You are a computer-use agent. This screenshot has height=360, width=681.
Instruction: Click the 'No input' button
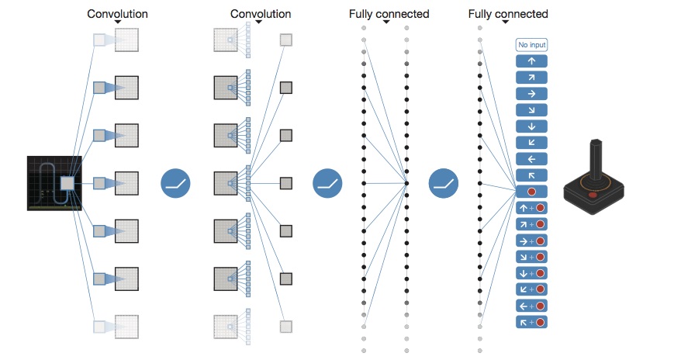pos(531,44)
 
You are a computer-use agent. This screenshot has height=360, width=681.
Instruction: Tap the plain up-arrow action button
pos(531,61)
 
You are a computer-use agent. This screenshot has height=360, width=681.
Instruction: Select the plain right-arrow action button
pos(531,93)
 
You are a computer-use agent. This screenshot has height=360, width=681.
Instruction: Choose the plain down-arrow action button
pos(531,126)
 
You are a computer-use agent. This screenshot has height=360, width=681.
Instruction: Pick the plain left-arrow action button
pos(531,158)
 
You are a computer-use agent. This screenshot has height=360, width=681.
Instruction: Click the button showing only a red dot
pos(531,191)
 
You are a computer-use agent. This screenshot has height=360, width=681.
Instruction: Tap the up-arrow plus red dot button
pos(531,207)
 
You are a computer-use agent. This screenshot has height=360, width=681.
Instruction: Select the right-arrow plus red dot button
pos(531,240)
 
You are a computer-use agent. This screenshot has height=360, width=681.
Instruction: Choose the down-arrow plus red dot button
pos(531,272)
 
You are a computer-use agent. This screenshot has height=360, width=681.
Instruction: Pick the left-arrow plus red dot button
pos(531,305)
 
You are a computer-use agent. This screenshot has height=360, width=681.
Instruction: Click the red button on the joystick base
pos(593,193)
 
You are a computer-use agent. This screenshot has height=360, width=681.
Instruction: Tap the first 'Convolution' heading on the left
pos(117,14)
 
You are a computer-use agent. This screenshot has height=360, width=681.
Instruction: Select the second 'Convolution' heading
pos(261,14)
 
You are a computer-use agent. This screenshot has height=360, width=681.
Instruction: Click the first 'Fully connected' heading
pos(389,14)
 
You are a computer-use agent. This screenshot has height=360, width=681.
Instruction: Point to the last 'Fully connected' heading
pos(508,14)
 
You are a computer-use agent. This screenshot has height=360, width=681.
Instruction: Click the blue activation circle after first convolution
pos(175,184)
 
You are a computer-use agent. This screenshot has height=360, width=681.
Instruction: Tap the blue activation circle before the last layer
pos(443,184)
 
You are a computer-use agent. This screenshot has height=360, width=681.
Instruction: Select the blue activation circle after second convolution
pos(327,184)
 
